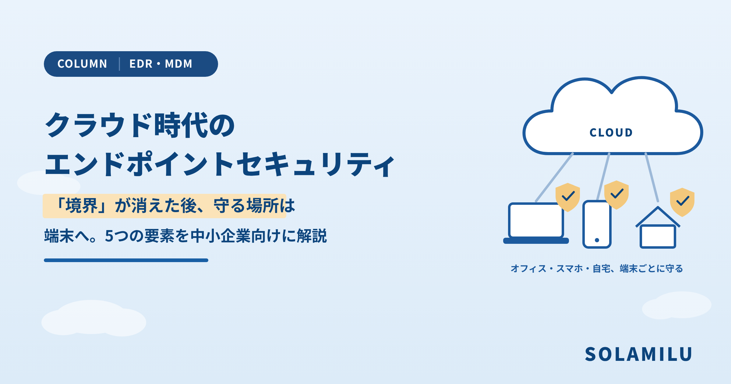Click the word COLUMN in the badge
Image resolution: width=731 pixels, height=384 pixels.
(82, 64)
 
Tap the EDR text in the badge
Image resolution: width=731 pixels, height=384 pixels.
(141, 64)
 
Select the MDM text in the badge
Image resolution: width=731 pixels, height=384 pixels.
(178, 64)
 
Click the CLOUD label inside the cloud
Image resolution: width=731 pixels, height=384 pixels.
(611, 133)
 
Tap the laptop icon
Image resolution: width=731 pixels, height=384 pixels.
(536, 223)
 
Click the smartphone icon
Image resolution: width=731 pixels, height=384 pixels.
(597, 224)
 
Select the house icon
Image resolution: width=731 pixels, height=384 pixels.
(658, 227)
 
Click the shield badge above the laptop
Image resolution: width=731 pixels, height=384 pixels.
(568, 197)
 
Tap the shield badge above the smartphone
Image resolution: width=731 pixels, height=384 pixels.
(616, 195)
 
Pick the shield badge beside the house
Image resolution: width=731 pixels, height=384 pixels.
(682, 202)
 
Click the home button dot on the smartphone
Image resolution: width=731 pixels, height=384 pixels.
(597, 240)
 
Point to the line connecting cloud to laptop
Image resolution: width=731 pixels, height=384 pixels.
(554, 177)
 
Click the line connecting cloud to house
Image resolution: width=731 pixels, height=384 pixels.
(652, 177)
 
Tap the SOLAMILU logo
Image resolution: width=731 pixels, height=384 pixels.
(638, 354)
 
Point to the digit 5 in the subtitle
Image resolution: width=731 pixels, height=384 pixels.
(109, 236)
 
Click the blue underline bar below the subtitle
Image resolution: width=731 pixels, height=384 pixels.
(126, 260)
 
